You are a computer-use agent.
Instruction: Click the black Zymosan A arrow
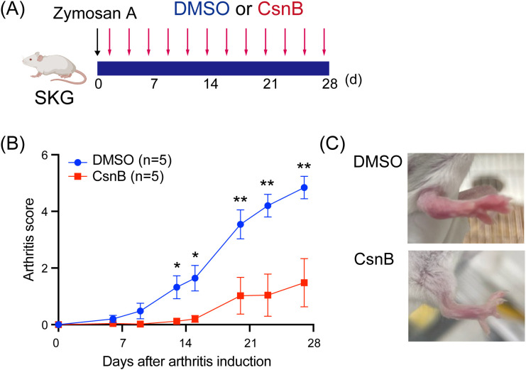tap(97, 42)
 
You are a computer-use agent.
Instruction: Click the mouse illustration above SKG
tap(54, 68)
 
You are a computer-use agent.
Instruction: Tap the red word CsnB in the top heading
tap(280, 9)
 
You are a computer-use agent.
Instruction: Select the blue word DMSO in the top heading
tap(202, 9)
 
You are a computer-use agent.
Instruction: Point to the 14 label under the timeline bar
tap(211, 83)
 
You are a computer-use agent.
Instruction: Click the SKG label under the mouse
tap(55, 99)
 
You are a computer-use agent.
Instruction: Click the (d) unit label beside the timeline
tap(354, 80)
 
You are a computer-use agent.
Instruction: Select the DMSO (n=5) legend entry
tap(120, 160)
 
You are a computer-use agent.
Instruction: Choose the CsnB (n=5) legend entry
tap(116, 176)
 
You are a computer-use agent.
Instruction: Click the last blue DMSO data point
tap(304, 187)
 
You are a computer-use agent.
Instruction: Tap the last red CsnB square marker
tap(304, 283)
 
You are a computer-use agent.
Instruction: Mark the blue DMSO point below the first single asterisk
tap(177, 287)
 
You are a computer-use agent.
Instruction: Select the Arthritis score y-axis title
tap(30, 239)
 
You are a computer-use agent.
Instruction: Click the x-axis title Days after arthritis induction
tap(187, 361)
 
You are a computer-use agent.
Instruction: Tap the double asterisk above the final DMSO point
tap(304, 166)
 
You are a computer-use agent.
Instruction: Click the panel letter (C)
tap(332, 144)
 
